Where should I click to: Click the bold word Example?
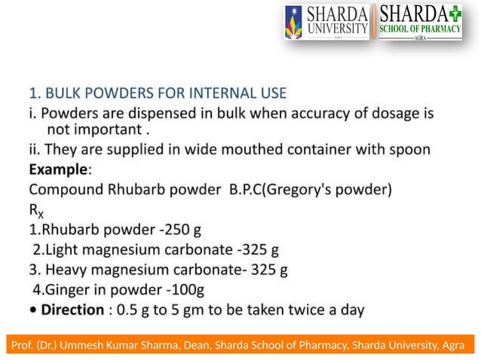tap(58, 168)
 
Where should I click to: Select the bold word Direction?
tap(73, 309)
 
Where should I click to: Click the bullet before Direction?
tap(33, 309)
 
